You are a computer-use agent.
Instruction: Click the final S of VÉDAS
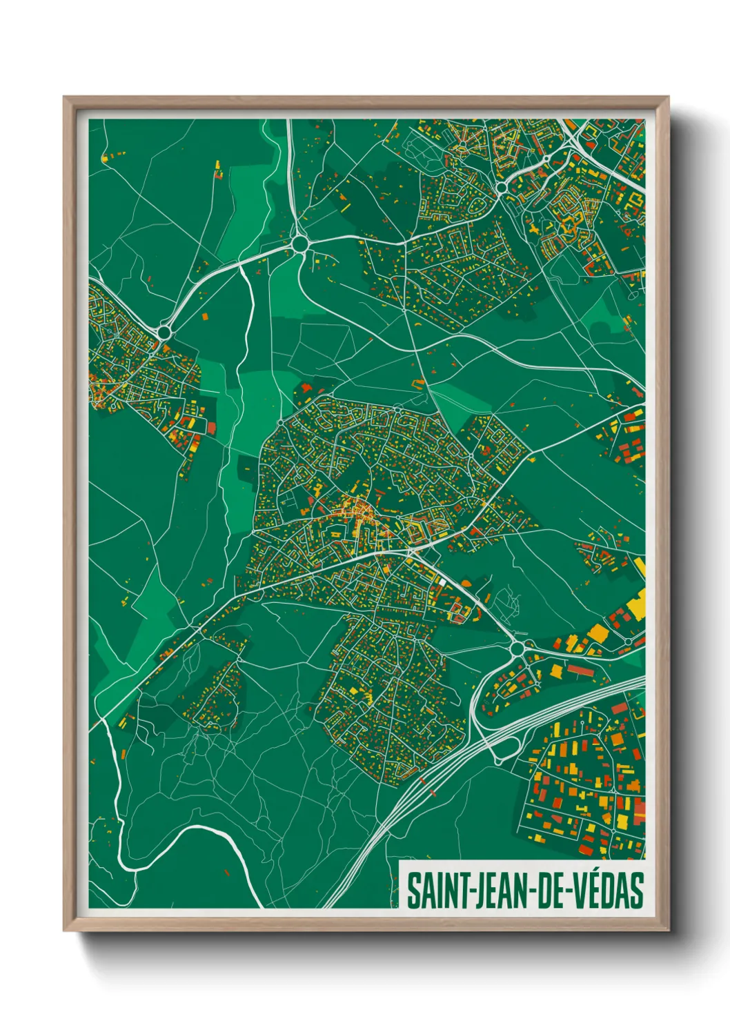pos(637,890)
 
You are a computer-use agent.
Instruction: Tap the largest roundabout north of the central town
pos(299,244)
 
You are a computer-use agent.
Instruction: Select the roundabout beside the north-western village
pos(164,333)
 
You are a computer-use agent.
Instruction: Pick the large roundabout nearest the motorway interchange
pos(517,648)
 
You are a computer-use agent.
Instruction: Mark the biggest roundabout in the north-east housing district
pos(502,187)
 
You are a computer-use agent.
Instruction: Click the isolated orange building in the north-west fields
pos(205,316)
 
